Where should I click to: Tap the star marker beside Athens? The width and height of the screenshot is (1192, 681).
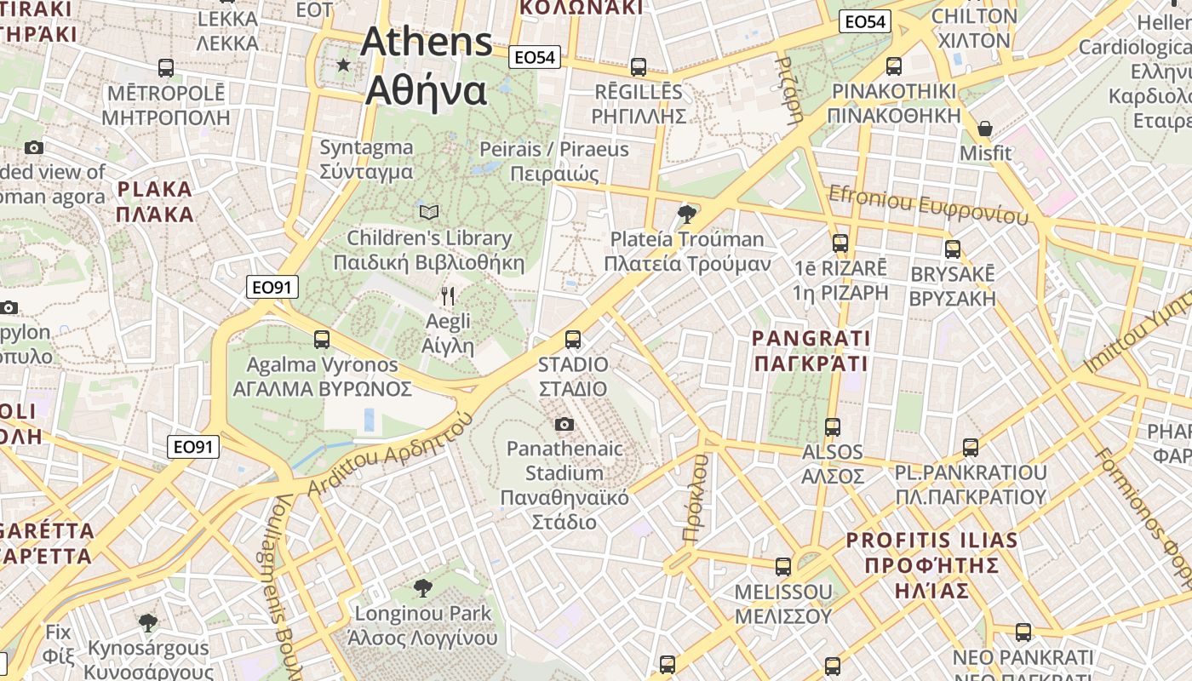click(343, 65)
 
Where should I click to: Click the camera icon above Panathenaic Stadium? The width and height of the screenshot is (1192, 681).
click(564, 424)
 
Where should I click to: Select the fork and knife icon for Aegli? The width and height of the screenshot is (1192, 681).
click(448, 296)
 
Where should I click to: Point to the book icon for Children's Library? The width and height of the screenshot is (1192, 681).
click(430, 212)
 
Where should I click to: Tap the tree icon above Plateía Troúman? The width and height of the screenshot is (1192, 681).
click(686, 214)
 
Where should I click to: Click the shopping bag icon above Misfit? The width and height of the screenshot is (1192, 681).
click(985, 129)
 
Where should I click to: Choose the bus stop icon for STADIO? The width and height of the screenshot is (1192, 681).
click(573, 340)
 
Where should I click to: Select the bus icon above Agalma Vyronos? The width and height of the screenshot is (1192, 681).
click(321, 339)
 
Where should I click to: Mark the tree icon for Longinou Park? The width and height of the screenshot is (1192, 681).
click(422, 587)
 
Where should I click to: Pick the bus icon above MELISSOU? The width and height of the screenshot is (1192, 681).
click(782, 566)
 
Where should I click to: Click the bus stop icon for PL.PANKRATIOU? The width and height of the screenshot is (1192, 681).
click(970, 447)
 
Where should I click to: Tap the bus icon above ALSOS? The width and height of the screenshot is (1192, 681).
click(833, 426)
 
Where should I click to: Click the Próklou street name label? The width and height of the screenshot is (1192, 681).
click(696, 498)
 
